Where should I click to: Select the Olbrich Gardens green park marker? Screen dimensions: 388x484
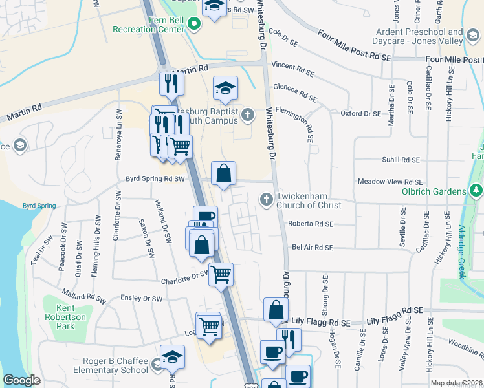pos(476,191)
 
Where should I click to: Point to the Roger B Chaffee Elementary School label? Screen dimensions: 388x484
pos(115,365)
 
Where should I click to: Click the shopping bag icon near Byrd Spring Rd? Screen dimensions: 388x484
pos(223,173)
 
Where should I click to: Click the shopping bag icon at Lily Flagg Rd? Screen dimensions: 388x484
pos(276,310)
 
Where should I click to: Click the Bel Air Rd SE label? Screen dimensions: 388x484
pos(312,248)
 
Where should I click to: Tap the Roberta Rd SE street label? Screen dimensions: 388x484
pos(312,224)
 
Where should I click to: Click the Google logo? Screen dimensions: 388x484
pos(21,380)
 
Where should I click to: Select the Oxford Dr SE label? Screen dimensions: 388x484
pos(361,114)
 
